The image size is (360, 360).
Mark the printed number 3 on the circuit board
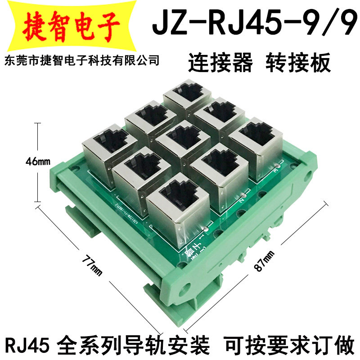(276, 171)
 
